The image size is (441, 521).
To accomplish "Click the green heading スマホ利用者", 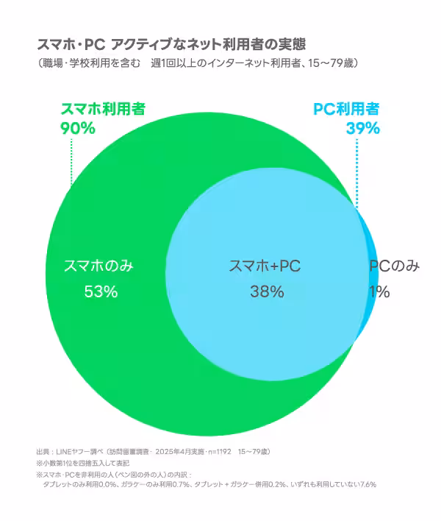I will (x=102, y=110).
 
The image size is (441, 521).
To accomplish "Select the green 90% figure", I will (x=78, y=128).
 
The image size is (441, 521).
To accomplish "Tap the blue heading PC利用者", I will (x=346, y=110).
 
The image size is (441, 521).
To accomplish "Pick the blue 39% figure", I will (x=362, y=128).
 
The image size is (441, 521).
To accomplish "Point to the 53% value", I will (x=101, y=291).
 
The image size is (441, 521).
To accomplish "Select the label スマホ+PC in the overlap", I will (x=265, y=266).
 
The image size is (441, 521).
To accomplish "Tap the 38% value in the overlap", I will (x=266, y=291).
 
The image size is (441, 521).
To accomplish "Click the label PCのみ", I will (x=394, y=266).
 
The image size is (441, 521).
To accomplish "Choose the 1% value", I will (x=379, y=291).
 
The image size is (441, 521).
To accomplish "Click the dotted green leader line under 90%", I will (x=71, y=158).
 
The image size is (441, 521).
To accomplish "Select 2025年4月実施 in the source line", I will (x=181, y=450).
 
